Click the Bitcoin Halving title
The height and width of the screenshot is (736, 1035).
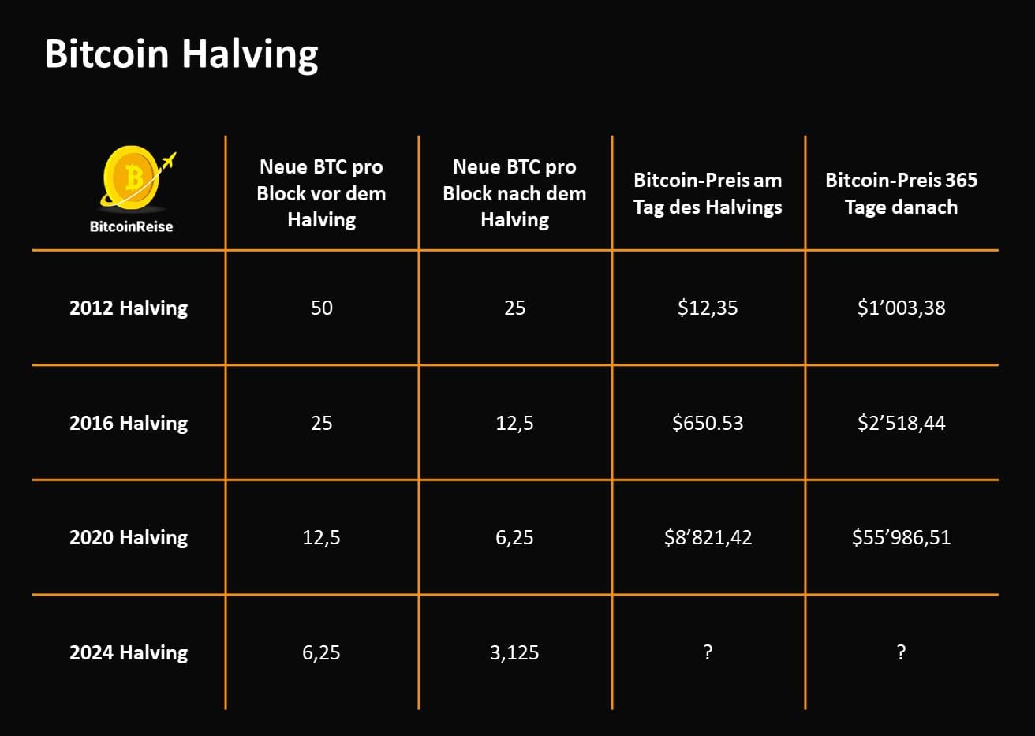coord(181,54)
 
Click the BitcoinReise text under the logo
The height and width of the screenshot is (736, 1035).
coord(131,226)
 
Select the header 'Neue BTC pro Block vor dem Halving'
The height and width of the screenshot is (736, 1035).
coord(321,193)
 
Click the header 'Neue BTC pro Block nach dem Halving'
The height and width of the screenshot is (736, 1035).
coord(514,193)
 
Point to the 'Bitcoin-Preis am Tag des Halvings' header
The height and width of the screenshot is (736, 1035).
coord(708,193)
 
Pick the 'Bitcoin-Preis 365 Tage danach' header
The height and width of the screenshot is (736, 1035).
coord(901,193)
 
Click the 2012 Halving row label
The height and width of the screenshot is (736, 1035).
coord(129,308)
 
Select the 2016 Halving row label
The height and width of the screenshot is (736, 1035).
coord(129,423)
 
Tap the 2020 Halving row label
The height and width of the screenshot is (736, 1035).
coord(129,537)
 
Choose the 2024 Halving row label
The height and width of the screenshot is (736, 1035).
coord(129,652)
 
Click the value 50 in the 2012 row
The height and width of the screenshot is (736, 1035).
coord(321,308)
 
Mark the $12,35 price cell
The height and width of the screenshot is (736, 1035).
coord(708,308)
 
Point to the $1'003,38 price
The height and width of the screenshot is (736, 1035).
coord(901,308)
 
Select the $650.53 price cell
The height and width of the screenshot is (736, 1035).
coord(708,423)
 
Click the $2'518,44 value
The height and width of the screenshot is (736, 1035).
coord(901,423)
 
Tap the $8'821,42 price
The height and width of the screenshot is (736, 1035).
coord(708,537)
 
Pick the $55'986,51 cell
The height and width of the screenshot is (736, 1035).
coord(901,537)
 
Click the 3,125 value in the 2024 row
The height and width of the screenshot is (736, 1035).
coord(514,652)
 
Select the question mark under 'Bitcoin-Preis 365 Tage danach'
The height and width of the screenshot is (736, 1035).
coord(901,652)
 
